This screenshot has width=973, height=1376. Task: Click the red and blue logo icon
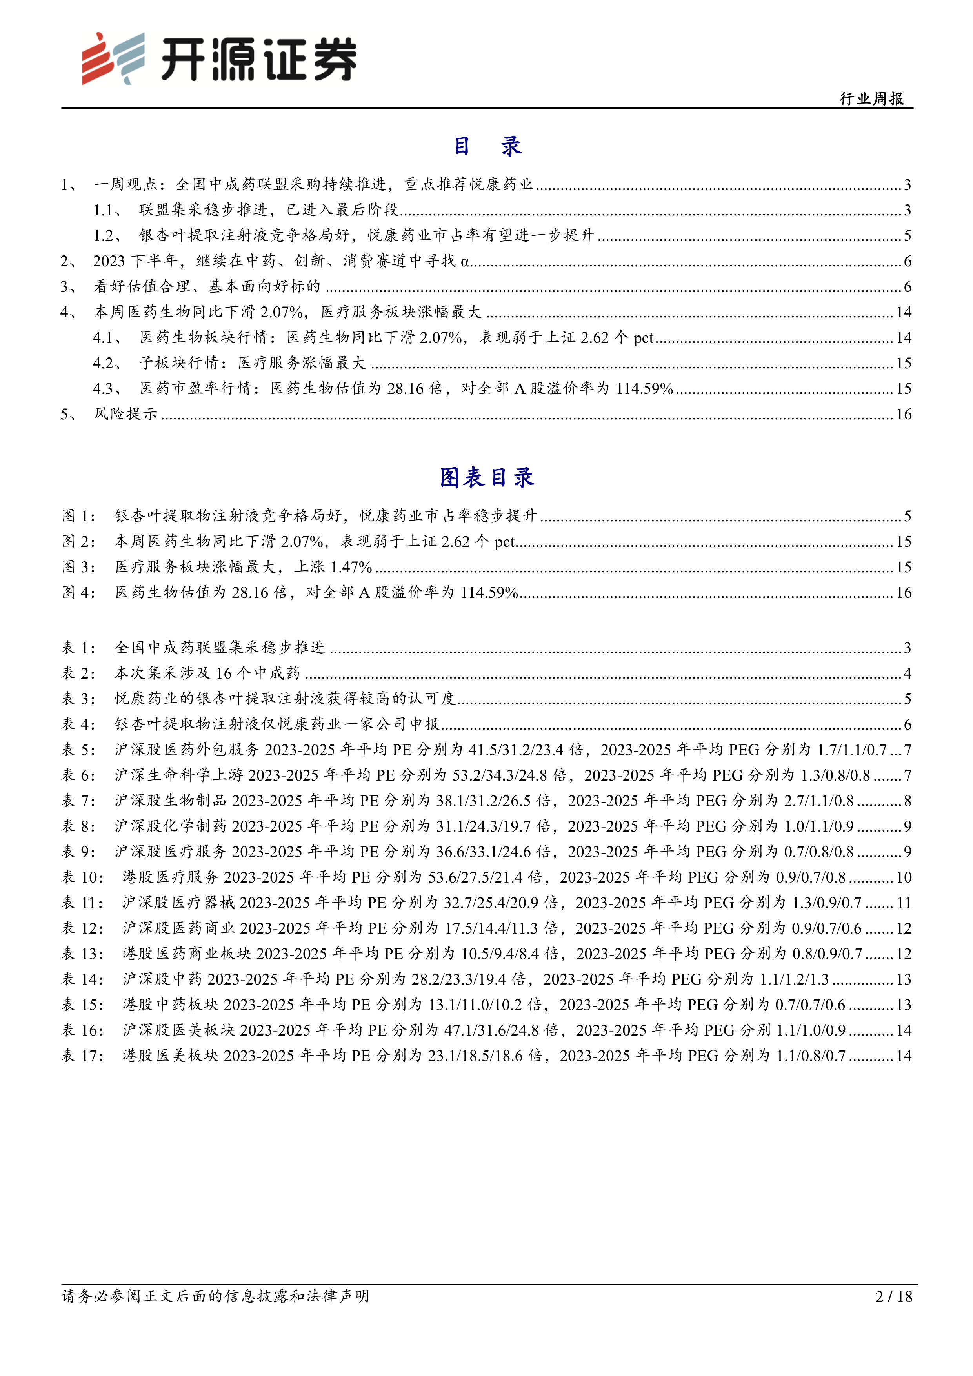coord(113,58)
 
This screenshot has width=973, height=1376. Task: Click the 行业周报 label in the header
coord(872,99)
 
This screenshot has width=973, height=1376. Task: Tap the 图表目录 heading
coord(486,478)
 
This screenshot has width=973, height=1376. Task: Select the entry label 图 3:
coord(78,567)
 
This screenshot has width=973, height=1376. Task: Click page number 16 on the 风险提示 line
coord(904,414)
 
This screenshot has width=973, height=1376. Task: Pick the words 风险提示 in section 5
coord(125,414)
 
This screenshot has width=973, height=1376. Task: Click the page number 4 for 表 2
coord(907,673)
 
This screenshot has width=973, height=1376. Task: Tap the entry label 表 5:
coord(78,750)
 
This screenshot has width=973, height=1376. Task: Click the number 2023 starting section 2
coord(109,261)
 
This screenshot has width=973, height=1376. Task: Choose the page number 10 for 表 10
coord(904,877)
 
